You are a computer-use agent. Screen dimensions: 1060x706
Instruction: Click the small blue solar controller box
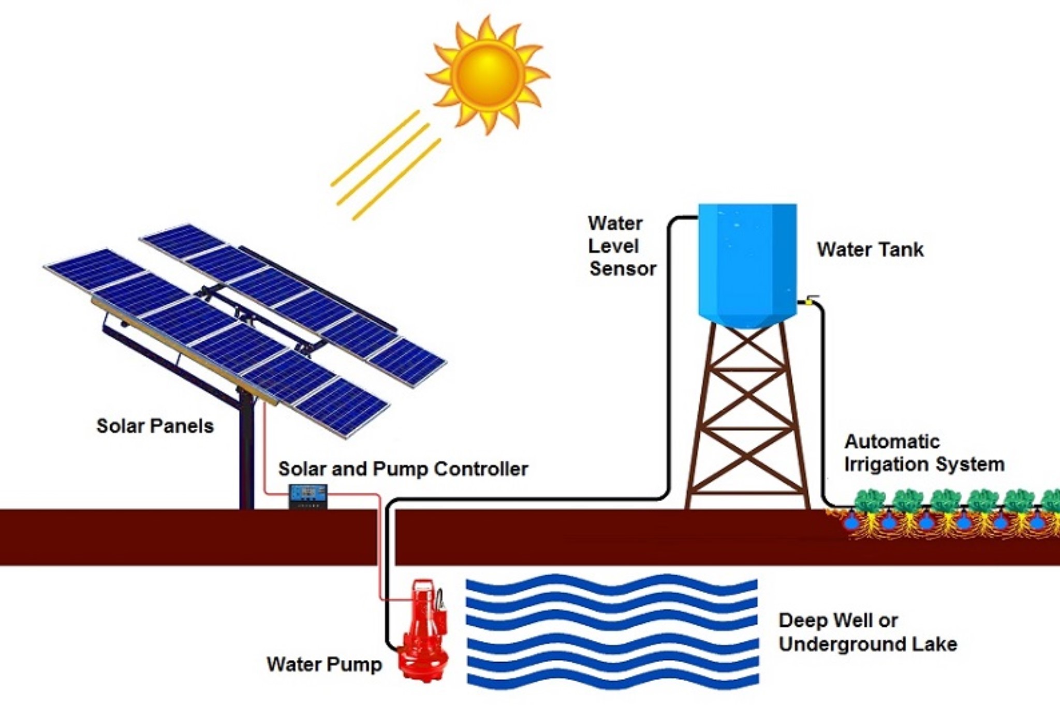coord(308,496)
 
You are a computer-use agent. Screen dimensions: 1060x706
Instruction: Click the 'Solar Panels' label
coord(155,426)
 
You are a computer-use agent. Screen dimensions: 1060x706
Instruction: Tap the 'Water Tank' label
coord(870,249)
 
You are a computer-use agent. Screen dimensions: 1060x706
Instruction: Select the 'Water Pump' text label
coord(324,664)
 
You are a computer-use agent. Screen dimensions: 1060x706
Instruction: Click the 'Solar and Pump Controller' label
coord(403,469)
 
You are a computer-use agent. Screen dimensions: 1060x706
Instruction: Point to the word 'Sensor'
coord(623,268)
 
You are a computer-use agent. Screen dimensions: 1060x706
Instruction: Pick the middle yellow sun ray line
coord(384,164)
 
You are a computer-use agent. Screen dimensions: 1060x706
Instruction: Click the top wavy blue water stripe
coord(612,585)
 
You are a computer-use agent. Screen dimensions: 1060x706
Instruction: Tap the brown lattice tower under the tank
coord(747,416)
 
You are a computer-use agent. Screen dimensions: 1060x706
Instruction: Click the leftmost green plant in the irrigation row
coord(870,501)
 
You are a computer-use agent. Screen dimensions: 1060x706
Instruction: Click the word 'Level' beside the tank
coord(613,246)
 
